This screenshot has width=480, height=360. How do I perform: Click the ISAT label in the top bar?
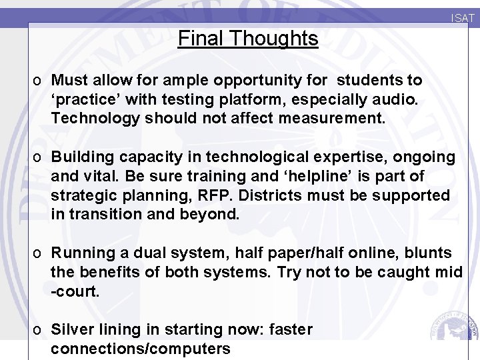(x=463, y=19)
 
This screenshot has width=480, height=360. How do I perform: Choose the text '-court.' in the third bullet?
(x=75, y=292)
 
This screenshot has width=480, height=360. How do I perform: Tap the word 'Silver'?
(x=73, y=330)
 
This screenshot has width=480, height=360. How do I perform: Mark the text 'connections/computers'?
(x=141, y=349)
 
